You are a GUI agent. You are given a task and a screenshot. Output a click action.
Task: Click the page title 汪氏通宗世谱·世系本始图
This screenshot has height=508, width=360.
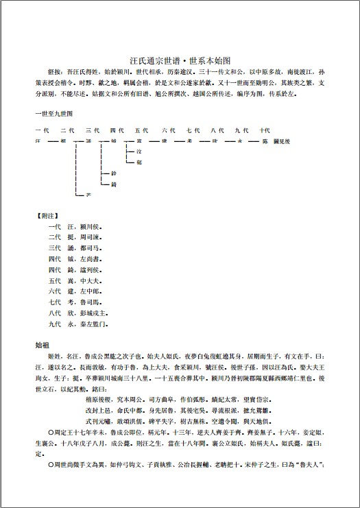[180, 61]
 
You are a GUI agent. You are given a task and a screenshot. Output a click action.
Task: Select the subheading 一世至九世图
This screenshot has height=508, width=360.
[54, 111]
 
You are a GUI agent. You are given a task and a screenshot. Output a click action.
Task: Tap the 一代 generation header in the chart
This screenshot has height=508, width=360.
[41, 130]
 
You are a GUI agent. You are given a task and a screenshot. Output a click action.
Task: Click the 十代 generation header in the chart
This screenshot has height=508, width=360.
[265, 130]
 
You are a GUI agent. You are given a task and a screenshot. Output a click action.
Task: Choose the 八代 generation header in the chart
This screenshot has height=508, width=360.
[217, 130]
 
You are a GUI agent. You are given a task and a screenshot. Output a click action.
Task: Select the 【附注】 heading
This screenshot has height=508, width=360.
[47, 214]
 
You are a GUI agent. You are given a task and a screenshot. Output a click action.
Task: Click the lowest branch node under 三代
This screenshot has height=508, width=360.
[87, 196]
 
